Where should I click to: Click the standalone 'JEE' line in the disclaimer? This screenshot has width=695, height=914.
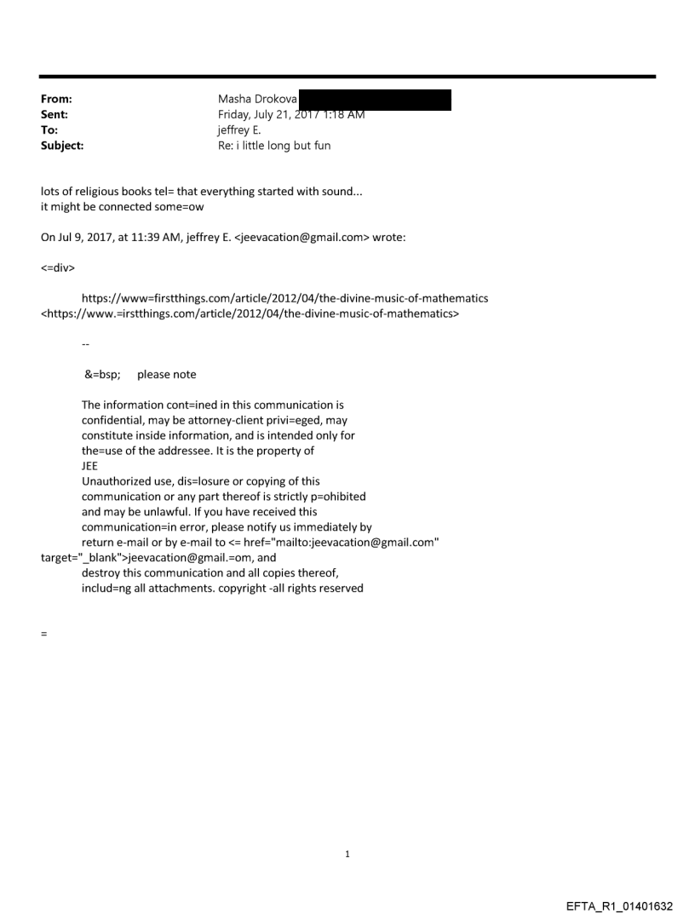click(x=89, y=466)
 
